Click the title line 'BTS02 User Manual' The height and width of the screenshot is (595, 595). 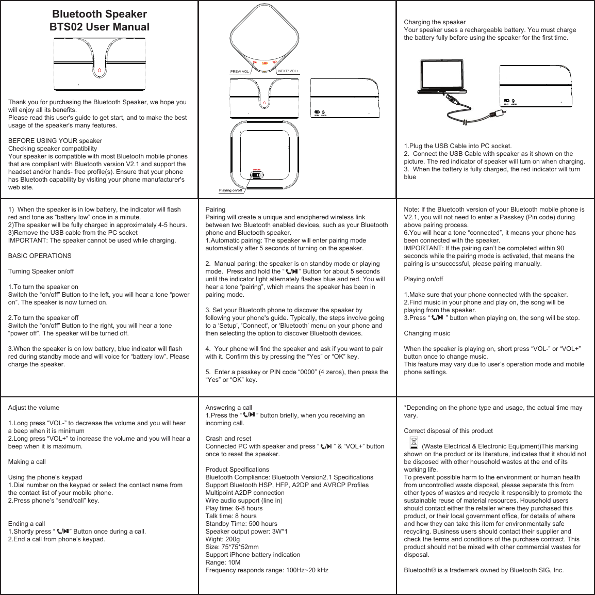(x=99, y=27)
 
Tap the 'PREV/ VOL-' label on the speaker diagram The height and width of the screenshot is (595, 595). (x=240, y=72)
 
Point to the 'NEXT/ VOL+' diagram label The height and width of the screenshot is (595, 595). (x=288, y=71)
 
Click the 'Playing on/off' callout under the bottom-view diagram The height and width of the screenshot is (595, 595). (x=230, y=190)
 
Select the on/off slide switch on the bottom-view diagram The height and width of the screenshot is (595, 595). (x=256, y=174)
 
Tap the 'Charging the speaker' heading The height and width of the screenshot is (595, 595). (x=434, y=22)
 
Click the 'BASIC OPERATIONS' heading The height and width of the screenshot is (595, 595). (x=40, y=256)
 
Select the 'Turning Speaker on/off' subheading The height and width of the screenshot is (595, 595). (x=41, y=271)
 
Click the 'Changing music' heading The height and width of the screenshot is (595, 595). (x=427, y=333)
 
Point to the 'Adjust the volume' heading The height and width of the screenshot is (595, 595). (x=34, y=408)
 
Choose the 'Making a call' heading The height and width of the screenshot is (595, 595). (x=30, y=462)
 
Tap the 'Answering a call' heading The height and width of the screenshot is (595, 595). (x=229, y=408)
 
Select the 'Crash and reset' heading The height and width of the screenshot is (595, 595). (x=228, y=439)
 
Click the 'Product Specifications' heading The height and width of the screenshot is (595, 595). (x=237, y=470)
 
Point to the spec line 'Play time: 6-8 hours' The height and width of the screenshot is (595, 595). (x=234, y=508)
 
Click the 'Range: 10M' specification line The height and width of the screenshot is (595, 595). (x=223, y=562)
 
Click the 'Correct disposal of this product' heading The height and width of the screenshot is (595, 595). (x=448, y=431)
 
